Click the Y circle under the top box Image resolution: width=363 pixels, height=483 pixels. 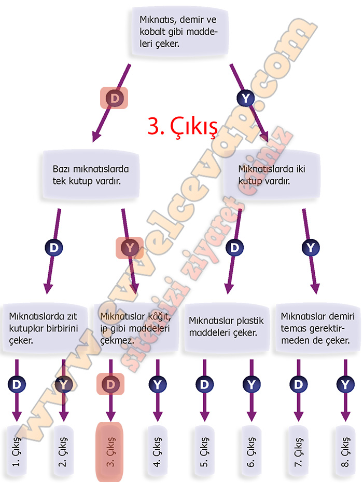coord(246,97)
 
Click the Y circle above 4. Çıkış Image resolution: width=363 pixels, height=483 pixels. coord(158,385)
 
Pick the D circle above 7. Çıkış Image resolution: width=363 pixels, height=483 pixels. coord(298,385)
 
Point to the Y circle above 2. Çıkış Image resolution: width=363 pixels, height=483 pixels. coord(63,385)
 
